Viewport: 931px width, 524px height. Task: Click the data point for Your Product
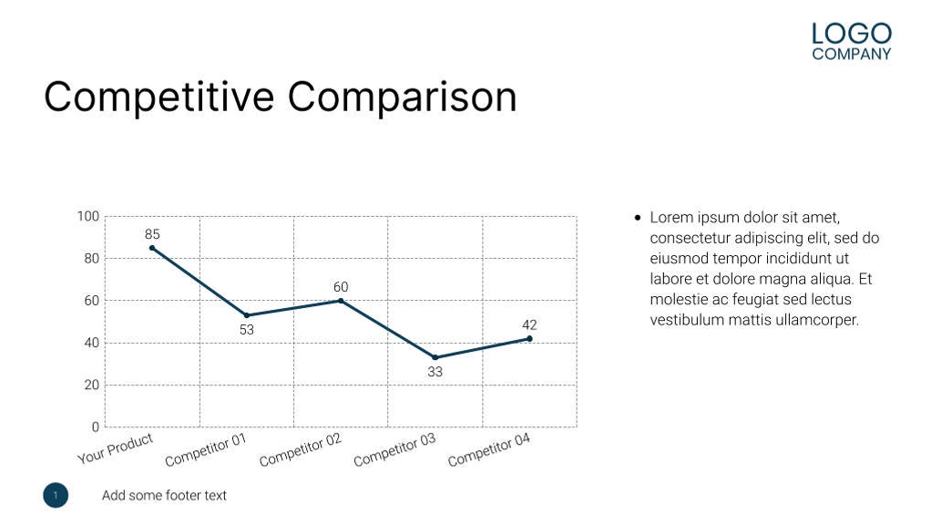click(152, 248)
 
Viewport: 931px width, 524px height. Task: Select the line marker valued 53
click(247, 315)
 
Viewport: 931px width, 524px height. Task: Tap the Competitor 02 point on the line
click(341, 301)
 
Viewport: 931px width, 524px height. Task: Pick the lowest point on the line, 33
click(435, 357)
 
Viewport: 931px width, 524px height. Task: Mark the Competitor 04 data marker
click(529, 338)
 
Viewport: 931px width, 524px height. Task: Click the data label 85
click(152, 234)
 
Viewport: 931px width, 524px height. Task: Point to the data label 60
click(341, 287)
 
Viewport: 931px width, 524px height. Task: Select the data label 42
click(529, 324)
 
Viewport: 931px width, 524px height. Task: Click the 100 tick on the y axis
click(88, 216)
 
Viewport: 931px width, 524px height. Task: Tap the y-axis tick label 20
click(92, 385)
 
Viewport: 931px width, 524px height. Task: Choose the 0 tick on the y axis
click(95, 426)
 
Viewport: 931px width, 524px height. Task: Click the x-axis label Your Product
click(116, 448)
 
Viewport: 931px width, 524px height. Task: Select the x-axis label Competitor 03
click(394, 450)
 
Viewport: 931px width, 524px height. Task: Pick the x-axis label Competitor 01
click(206, 450)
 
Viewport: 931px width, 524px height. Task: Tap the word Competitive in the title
click(159, 97)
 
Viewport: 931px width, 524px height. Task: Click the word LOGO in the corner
click(851, 34)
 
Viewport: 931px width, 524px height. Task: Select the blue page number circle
click(56, 495)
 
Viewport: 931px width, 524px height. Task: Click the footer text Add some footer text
click(164, 495)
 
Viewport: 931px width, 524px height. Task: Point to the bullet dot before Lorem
click(638, 218)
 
